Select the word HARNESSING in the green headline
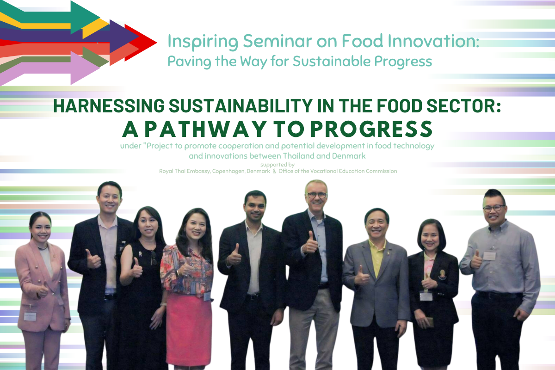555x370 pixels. pos(109,106)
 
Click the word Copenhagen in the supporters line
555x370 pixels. pos(228,171)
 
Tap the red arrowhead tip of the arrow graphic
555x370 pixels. pos(157,43)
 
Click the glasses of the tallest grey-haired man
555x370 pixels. pos(317,196)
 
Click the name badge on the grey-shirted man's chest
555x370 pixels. pos(489,256)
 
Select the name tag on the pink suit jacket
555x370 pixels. pos(30,316)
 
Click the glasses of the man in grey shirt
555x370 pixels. pos(493,209)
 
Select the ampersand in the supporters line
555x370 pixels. pos(274,171)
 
